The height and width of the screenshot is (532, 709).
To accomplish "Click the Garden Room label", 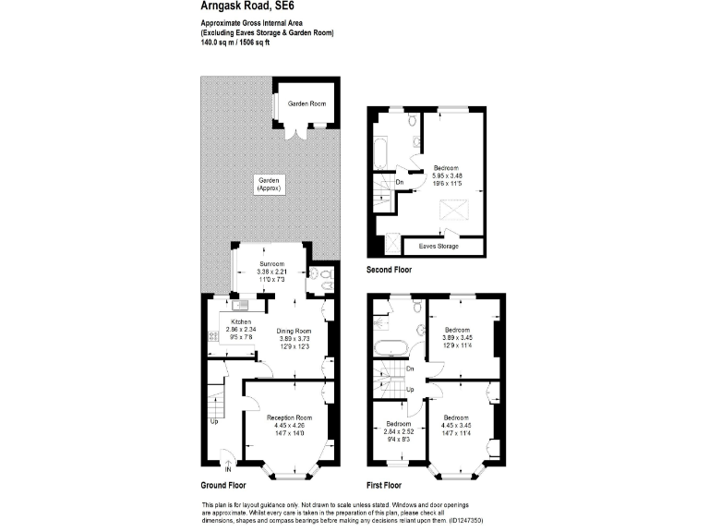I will pyautogui.click(x=306, y=103).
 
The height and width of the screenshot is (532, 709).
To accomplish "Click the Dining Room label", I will pyautogui.click(x=294, y=331).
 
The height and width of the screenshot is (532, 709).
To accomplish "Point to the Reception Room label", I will pyautogui.click(x=290, y=417).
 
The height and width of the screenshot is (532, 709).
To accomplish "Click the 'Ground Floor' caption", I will pyautogui.click(x=223, y=485).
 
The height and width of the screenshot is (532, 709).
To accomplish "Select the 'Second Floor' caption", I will pyautogui.click(x=389, y=271).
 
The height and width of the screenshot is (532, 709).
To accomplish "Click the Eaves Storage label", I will pyautogui.click(x=439, y=247).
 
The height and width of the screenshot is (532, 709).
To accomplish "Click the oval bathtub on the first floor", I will pyautogui.click(x=390, y=347).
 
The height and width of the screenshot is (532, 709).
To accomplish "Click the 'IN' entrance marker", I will pyautogui.click(x=227, y=467).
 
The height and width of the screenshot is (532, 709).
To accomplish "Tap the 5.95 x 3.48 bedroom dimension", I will pyautogui.click(x=447, y=175).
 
